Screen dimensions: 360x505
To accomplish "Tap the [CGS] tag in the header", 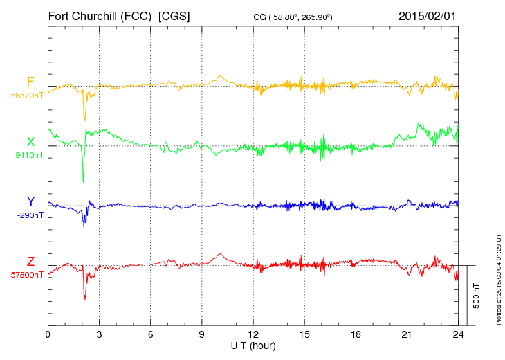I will point(174,15).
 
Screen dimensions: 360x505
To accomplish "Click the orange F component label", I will point(30,82).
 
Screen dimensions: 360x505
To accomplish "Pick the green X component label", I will point(30,142).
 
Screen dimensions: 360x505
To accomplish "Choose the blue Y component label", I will point(30,201).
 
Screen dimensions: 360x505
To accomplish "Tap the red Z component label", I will point(30,261).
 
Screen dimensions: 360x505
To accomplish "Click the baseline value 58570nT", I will point(27,96).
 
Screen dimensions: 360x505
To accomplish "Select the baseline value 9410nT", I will point(29,155).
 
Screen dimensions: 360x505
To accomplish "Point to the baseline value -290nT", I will point(29,215).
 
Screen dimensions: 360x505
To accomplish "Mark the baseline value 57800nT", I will point(27,275).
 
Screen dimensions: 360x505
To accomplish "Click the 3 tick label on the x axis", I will point(99,335).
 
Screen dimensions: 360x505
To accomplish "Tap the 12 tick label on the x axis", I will point(253,335).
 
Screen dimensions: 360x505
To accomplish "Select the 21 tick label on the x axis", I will point(407,335).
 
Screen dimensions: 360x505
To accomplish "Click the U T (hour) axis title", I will point(253,345).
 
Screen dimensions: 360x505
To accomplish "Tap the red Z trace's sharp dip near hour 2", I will point(85,298).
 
